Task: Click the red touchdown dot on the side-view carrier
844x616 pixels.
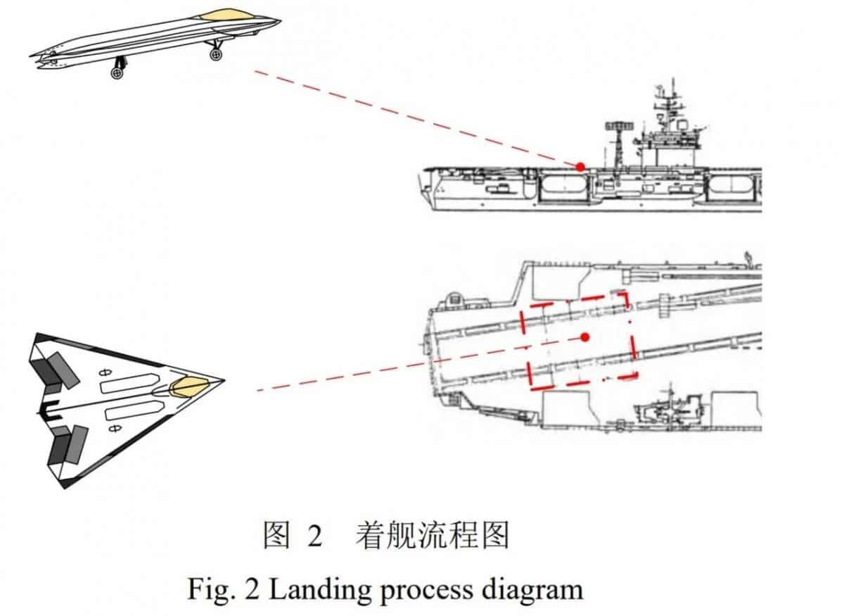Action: (x=581, y=167)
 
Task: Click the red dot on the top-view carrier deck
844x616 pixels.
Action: (x=584, y=337)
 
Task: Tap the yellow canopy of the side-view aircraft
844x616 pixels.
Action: (x=226, y=15)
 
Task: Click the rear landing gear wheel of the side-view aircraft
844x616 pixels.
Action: (x=117, y=73)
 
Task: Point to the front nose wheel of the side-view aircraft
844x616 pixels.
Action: (x=215, y=55)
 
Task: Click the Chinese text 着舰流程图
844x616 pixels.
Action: (x=432, y=535)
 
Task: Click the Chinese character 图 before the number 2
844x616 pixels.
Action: (x=277, y=535)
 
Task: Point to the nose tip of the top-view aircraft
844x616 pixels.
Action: (x=224, y=381)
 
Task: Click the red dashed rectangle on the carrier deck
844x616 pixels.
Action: (x=578, y=341)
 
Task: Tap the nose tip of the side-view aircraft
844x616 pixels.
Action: (x=281, y=20)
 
